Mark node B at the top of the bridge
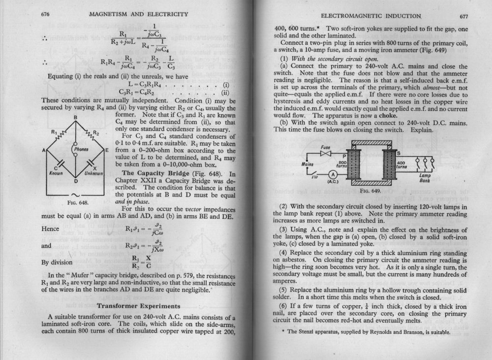click(75, 117)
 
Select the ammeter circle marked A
click(333, 176)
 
